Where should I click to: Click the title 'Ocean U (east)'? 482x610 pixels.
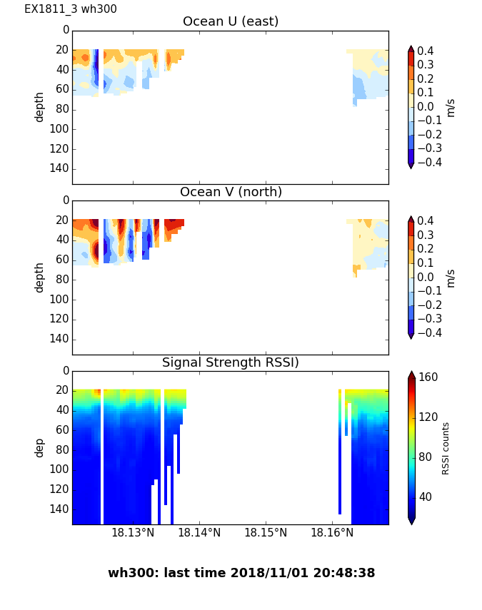click(231, 21)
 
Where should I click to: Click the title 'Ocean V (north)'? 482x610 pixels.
click(231, 192)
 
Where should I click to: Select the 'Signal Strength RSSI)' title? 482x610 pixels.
click(231, 362)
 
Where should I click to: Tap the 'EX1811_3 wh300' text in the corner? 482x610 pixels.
click(71, 9)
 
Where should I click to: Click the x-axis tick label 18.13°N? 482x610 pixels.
click(133, 532)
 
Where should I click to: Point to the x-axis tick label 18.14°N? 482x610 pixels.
click(199, 532)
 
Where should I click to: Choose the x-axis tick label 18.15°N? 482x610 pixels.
click(266, 532)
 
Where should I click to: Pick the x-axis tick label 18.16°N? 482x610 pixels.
click(332, 532)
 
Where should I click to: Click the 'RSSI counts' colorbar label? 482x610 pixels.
click(446, 448)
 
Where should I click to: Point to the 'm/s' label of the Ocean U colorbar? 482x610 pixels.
click(450, 107)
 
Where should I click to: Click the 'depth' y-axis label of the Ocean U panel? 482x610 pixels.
click(40, 106)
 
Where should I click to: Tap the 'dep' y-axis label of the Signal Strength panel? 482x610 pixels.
click(40, 447)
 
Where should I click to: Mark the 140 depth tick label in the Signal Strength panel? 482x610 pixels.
click(61, 509)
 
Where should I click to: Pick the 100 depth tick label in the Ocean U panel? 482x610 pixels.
click(61, 128)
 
